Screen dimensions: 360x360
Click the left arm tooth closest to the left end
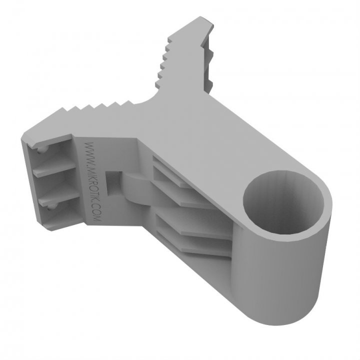pos(62,110)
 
